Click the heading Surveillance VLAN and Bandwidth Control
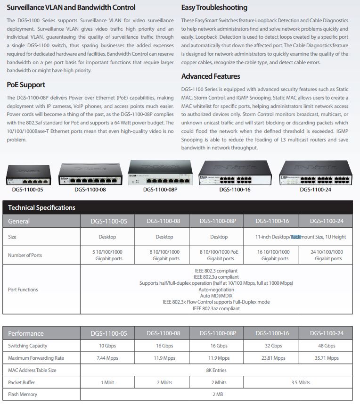click(x=71, y=8)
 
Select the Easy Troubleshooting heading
click(x=214, y=8)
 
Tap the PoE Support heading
click(x=26, y=85)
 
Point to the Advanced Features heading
click(x=211, y=76)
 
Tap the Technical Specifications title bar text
click(x=41, y=207)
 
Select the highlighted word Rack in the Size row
click(x=295, y=237)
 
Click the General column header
click(x=19, y=221)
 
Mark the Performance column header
click(x=26, y=333)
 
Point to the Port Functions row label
click(x=23, y=289)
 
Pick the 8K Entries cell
click(x=216, y=370)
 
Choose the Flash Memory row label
click(x=23, y=394)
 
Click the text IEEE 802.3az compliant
click(x=216, y=308)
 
